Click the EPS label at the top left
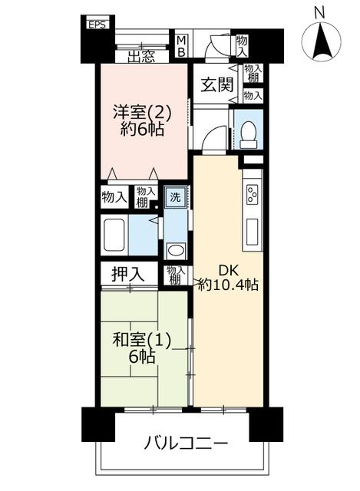point(97,25)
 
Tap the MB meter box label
point(181,46)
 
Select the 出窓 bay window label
point(141,57)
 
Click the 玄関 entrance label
point(217,84)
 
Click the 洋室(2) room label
point(142,113)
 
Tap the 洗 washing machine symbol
point(176,197)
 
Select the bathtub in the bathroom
point(114,235)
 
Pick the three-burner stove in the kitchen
point(253,195)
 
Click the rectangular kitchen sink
point(252,232)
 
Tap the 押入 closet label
point(128,275)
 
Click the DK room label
point(229,270)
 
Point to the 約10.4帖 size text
point(229,285)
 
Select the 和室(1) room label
point(142,341)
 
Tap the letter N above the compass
point(319,13)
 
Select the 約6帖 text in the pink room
point(142,129)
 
